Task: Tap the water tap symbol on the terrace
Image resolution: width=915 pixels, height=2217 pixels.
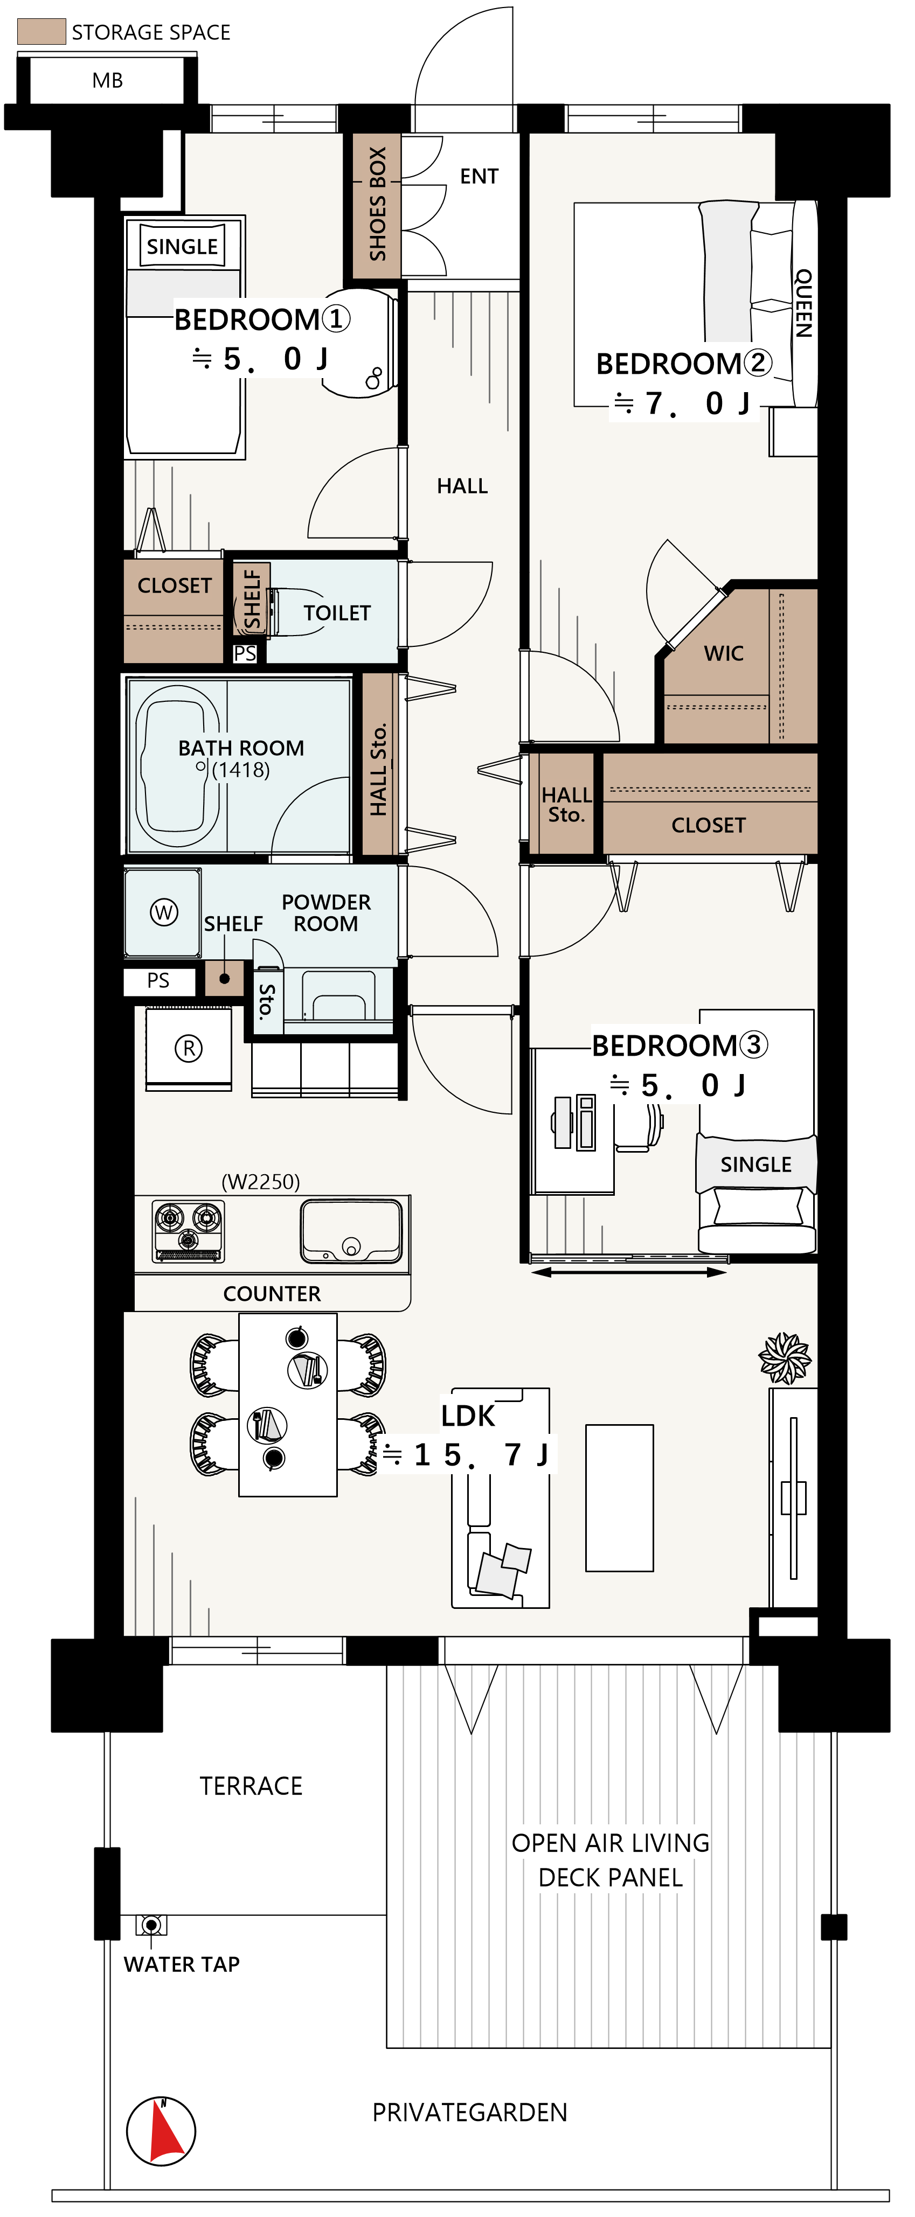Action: tap(151, 1925)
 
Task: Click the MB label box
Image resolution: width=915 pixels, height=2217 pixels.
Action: tap(108, 80)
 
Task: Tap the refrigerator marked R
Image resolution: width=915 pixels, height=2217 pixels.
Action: tap(189, 1048)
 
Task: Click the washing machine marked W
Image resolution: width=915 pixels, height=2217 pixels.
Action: tap(163, 912)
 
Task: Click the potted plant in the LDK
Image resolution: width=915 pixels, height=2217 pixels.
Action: tap(784, 1357)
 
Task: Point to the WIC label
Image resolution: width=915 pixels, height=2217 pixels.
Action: tap(723, 653)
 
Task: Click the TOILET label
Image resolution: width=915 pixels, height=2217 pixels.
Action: tap(337, 613)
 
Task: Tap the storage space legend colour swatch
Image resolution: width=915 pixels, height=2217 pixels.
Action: tap(41, 32)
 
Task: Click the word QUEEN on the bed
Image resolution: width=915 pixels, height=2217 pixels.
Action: tap(803, 303)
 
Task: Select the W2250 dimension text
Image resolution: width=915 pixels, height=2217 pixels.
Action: tap(261, 1182)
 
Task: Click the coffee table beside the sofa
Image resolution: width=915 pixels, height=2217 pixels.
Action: tap(620, 1497)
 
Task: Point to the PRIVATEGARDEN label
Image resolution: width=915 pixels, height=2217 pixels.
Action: tap(469, 2112)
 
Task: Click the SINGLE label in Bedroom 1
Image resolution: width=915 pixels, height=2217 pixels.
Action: tap(182, 246)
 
